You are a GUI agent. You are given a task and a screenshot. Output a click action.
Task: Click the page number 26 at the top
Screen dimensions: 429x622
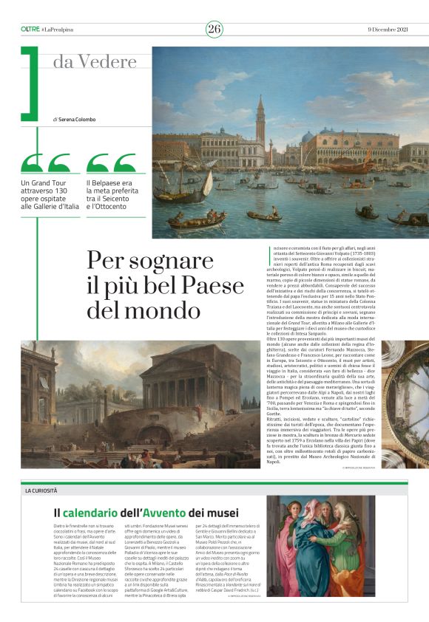pos(214,29)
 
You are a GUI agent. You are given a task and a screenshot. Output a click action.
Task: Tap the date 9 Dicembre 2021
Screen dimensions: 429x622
pos(388,29)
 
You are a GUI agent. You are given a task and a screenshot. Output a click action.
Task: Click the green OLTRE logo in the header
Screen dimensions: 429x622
pos(30,29)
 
